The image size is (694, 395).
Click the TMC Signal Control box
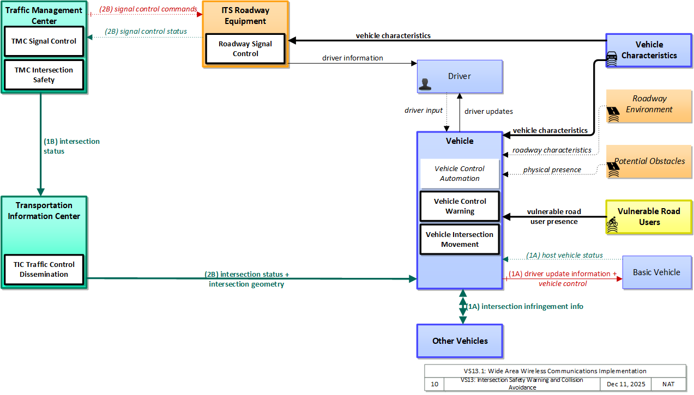tap(44, 41)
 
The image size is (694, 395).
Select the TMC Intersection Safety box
tap(44, 75)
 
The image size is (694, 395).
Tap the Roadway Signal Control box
tap(245, 49)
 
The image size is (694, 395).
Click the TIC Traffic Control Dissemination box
tap(44, 269)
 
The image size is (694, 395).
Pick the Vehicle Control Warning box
tap(460, 206)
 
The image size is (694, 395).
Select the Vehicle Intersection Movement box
tap(460, 239)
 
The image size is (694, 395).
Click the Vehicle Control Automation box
tap(460, 173)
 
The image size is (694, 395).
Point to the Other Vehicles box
tap(460, 341)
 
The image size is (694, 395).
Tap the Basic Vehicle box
tap(657, 272)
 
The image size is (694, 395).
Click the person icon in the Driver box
tap(425, 84)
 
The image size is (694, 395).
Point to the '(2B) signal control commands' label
tap(148, 9)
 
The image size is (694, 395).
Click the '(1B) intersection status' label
tap(71, 146)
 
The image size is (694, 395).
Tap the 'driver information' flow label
tap(353, 58)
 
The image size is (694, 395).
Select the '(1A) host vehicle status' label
tap(564, 255)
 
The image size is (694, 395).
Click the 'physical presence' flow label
tap(552, 169)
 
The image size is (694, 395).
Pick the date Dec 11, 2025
tap(626, 384)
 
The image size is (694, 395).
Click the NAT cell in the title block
tap(668, 384)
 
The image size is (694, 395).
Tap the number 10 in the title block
tap(434, 384)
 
